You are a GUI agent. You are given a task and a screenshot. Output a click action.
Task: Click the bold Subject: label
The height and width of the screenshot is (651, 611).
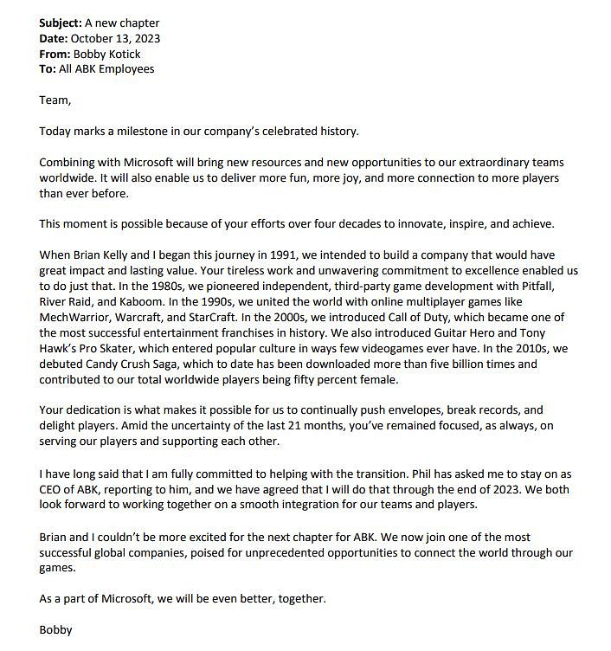pyautogui.click(x=60, y=23)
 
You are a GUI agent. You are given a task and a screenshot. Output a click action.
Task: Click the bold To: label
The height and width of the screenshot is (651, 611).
pyautogui.click(x=48, y=68)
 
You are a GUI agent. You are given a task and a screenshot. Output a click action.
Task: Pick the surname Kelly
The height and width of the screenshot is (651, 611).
pyautogui.click(x=114, y=255)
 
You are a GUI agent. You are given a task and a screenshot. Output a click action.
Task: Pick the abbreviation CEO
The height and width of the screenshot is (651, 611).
pyautogui.click(x=54, y=489)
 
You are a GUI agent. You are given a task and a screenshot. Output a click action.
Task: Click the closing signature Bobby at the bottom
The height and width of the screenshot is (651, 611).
pyautogui.click(x=55, y=629)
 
